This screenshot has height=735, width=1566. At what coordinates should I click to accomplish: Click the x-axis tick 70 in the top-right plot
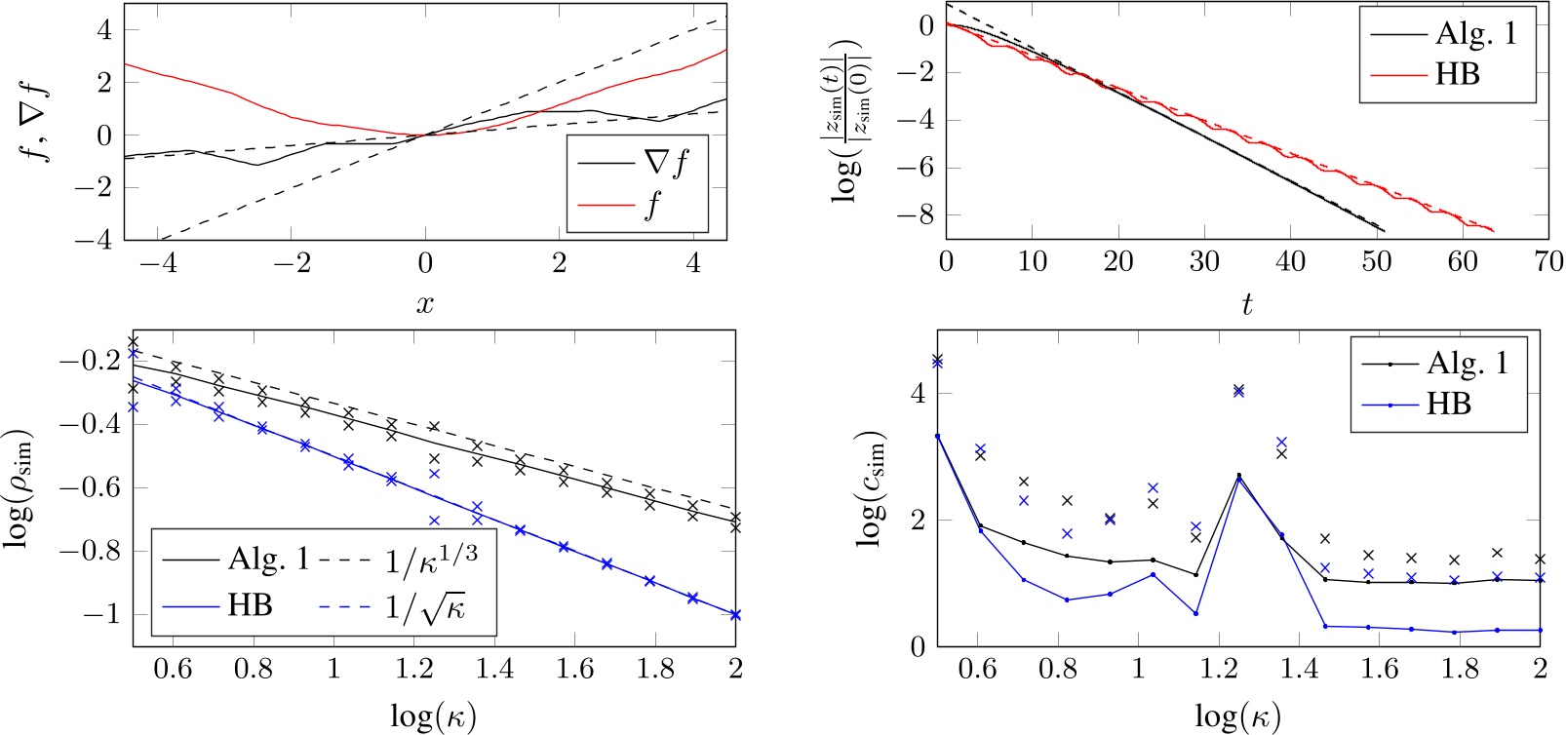(1547, 261)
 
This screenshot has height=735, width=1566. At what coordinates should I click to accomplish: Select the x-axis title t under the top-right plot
(1246, 305)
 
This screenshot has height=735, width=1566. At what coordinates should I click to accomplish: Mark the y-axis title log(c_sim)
(872, 487)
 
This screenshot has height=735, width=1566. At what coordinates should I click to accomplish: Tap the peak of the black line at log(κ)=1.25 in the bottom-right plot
(1238, 476)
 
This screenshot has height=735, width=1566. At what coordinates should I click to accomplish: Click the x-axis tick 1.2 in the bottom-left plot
(413, 669)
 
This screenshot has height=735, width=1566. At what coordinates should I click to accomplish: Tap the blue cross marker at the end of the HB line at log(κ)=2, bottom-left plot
(735, 615)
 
